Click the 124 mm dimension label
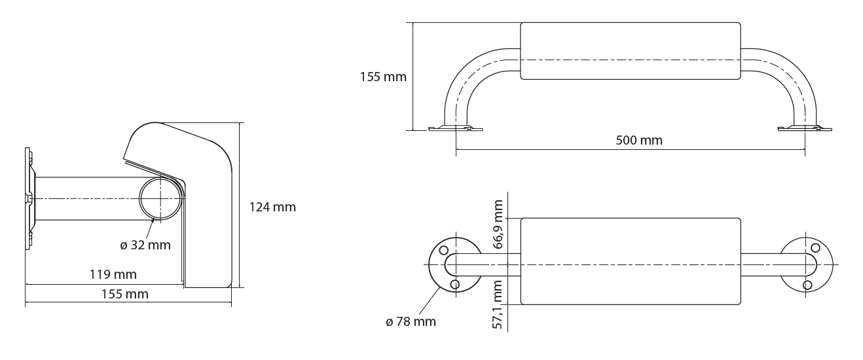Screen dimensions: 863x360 pyautogui.click(x=272, y=207)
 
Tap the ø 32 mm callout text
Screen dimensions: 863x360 pyautogui.click(x=145, y=245)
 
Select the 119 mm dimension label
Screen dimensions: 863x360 pyautogui.click(x=113, y=274)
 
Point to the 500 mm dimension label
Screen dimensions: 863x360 pyautogui.click(x=639, y=140)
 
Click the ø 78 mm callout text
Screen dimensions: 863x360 pyautogui.click(x=411, y=321)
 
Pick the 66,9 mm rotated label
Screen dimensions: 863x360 pyautogui.click(x=498, y=224)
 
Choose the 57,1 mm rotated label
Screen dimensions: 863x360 pyautogui.click(x=498, y=304)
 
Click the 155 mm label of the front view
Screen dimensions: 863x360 pyautogui.click(x=383, y=77)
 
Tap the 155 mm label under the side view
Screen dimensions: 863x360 pyautogui.click(x=125, y=294)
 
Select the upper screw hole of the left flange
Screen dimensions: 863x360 pyautogui.click(x=443, y=250)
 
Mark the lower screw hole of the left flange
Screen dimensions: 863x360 pyautogui.click(x=455, y=284)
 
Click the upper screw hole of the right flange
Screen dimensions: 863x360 pyautogui.click(x=815, y=247)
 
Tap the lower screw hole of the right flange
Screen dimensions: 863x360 pyautogui.click(x=807, y=285)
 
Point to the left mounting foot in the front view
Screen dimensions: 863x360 pyautogui.click(x=456, y=128)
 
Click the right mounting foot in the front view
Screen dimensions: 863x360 pyautogui.click(x=805, y=128)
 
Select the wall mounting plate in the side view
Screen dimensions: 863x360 pyautogui.click(x=28, y=199)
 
